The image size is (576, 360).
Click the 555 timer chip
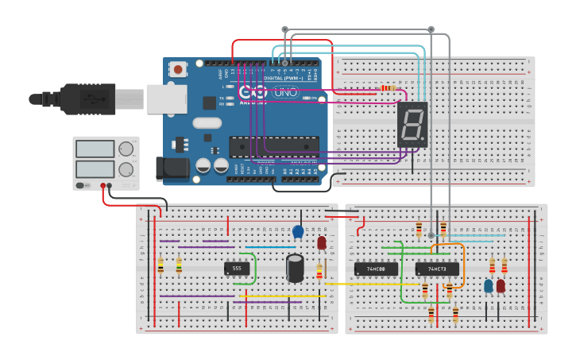point(237,268)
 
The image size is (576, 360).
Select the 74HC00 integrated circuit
point(376,269)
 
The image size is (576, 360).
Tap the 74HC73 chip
point(437,269)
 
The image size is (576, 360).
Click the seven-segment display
point(412,124)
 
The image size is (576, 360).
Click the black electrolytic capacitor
point(295,268)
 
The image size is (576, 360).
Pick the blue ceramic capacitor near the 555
point(298,231)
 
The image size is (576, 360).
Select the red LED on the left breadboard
point(322,242)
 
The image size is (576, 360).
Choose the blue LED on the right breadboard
point(489,285)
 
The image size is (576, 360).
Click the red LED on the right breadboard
point(501,285)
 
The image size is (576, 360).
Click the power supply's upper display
point(95,149)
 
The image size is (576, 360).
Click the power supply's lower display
point(95,169)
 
